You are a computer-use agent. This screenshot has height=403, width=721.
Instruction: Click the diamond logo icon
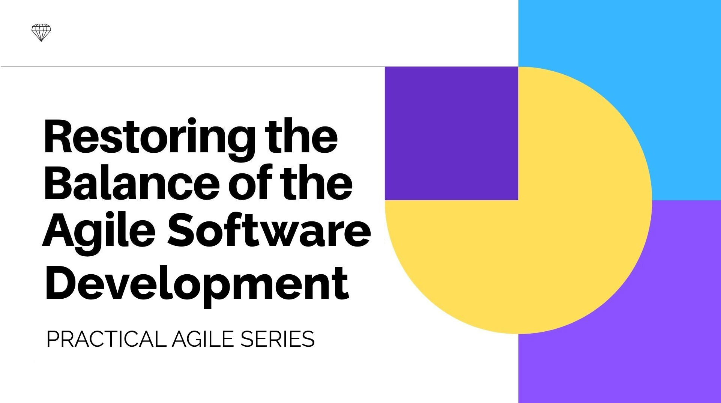[x=41, y=33]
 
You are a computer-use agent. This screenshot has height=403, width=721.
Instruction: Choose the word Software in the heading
[x=269, y=229]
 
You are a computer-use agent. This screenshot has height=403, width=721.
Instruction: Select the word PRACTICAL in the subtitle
[x=106, y=339]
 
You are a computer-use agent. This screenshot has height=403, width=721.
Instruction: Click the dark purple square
[x=451, y=133]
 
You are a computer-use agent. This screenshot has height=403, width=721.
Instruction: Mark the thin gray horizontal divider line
[x=259, y=66]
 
